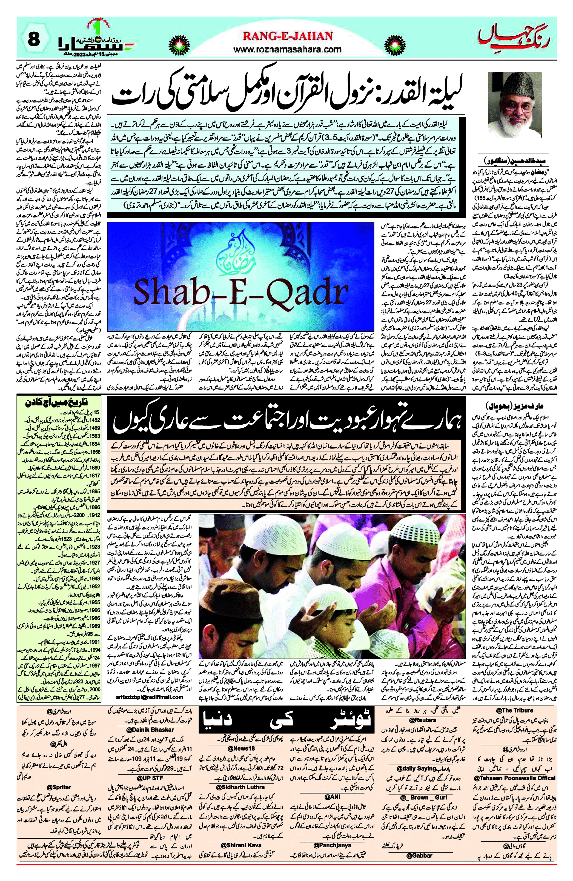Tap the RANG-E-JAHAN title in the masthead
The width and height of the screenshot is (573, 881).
click(x=288, y=36)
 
